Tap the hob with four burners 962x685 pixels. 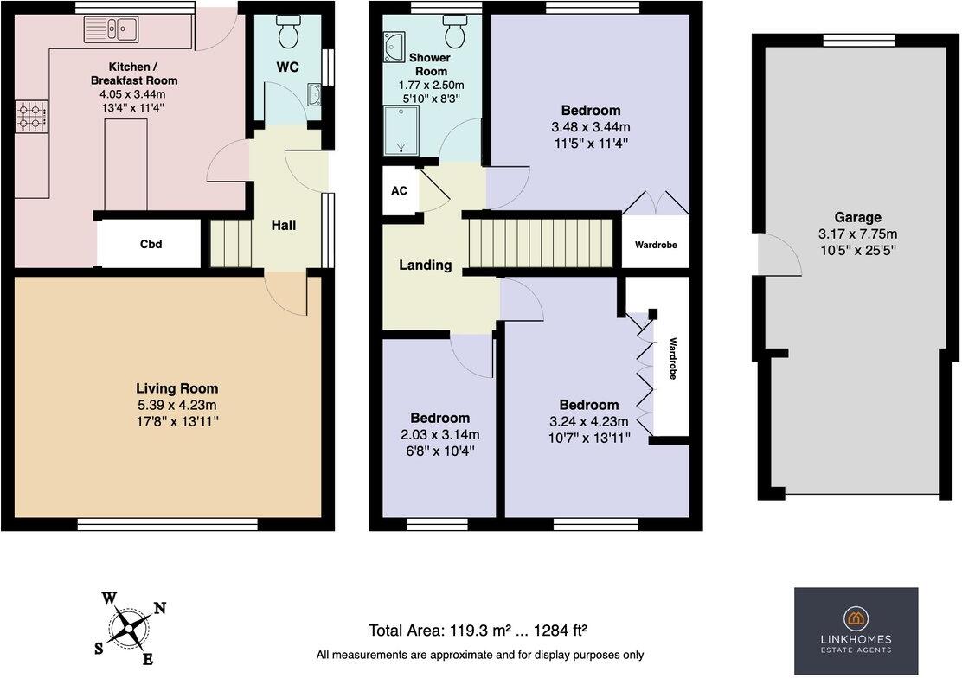click(31, 116)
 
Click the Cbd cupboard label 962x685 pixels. click(151, 245)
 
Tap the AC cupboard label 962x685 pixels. click(399, 191)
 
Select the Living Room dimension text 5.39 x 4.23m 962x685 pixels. click(176, 405)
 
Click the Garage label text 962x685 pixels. click(857, 218)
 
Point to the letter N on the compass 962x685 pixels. click(160, 608)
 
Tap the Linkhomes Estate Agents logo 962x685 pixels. click(856, 631)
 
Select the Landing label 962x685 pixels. click(425, 266)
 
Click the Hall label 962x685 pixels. click(283, 226)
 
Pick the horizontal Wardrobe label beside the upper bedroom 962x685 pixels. click(656, 246)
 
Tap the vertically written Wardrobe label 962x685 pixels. click(670, 361)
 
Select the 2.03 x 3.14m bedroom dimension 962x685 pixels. click(439, 434)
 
